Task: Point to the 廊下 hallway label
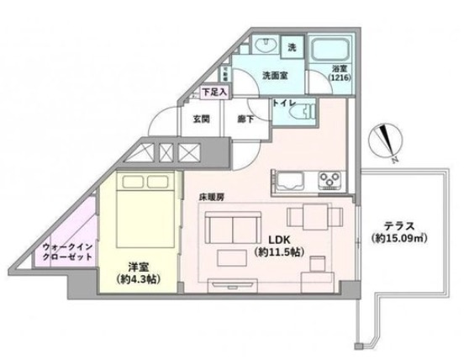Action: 242,119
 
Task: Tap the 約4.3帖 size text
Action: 136,278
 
